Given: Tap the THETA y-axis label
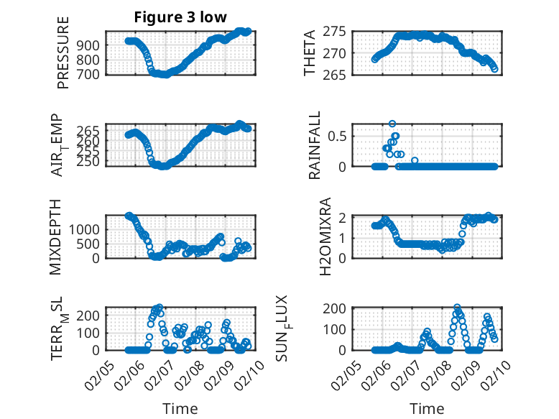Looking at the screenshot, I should [x=310, y=53].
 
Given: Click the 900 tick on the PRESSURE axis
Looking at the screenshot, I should [x=91, y=45].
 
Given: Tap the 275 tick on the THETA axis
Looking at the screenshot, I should [x=338, y=32].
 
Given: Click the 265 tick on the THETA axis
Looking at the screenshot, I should [x=338, y=74].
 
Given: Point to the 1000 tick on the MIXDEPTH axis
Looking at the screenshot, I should [x=85, y=229].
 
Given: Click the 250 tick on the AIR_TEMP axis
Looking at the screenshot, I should [x=91, y=162].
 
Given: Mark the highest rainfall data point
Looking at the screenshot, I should [x=392, y=124].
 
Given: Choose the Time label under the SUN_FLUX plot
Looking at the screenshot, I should [x=428, y=408].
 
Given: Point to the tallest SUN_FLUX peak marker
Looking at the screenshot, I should [x=458, y=308].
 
